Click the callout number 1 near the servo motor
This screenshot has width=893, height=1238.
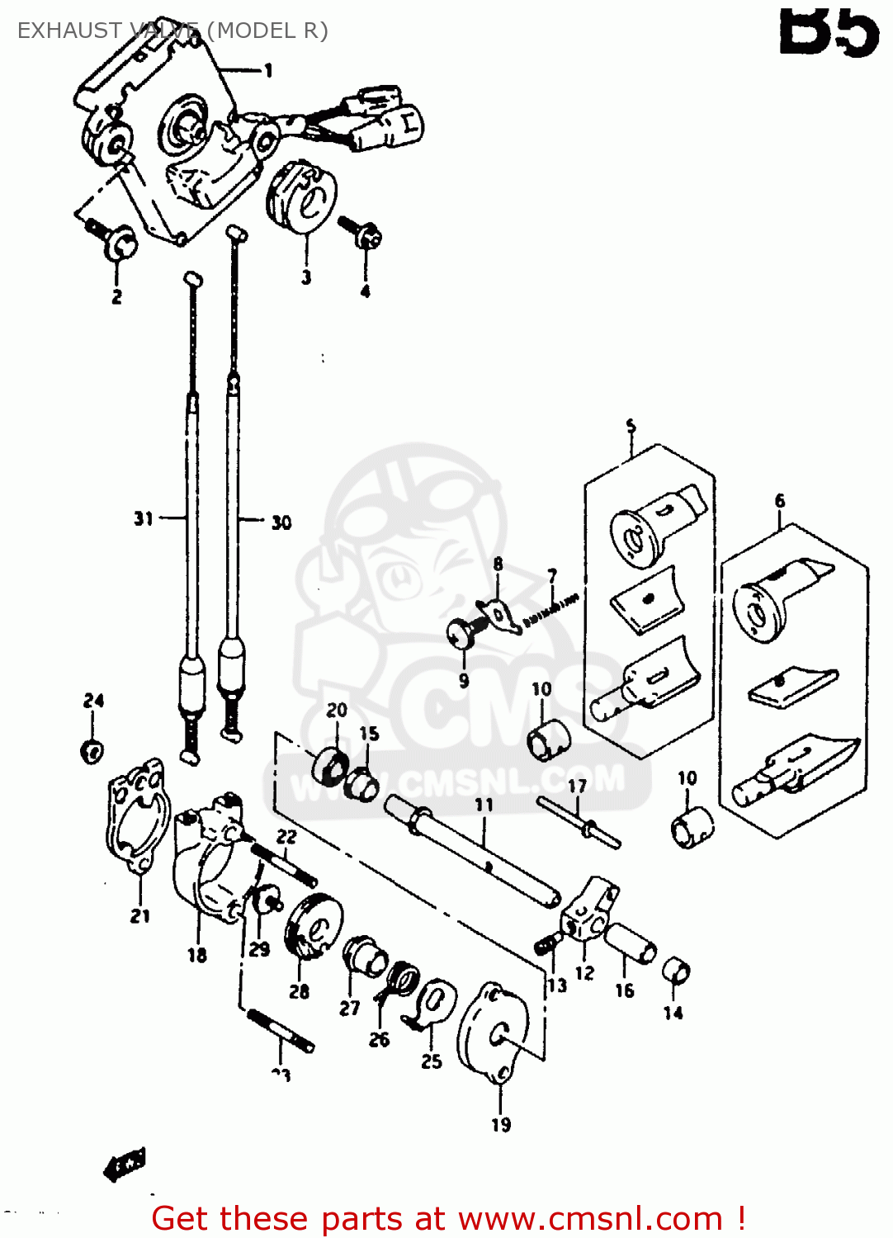pos(268,71)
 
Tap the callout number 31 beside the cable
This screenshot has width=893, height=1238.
pos(144,518)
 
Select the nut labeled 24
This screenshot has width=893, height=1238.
pos(92,751)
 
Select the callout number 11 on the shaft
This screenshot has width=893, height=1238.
pos(484,804)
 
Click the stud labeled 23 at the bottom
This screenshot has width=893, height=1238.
pos(281,1031)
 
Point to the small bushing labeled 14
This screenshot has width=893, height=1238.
pos(676,971)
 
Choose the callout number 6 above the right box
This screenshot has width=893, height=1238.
pos(780,501)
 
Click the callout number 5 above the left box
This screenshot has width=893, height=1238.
pos(631,426)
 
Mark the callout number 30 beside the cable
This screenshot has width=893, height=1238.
pos(281,522)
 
